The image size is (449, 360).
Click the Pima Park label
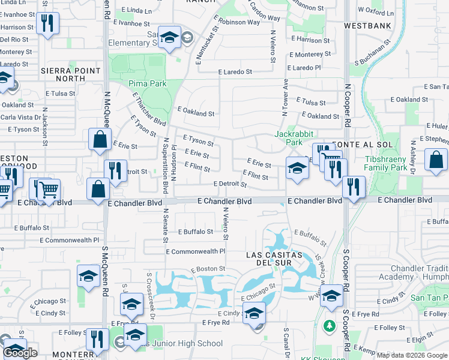(147, 83)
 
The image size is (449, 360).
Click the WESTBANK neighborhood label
(368, 26)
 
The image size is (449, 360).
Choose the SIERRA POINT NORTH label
(62, 74)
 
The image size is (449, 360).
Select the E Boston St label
(208, 269)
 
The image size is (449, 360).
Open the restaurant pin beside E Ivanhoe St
(46, 24)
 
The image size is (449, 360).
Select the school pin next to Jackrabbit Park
(297, 168)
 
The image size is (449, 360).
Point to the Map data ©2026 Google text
(411, 355)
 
